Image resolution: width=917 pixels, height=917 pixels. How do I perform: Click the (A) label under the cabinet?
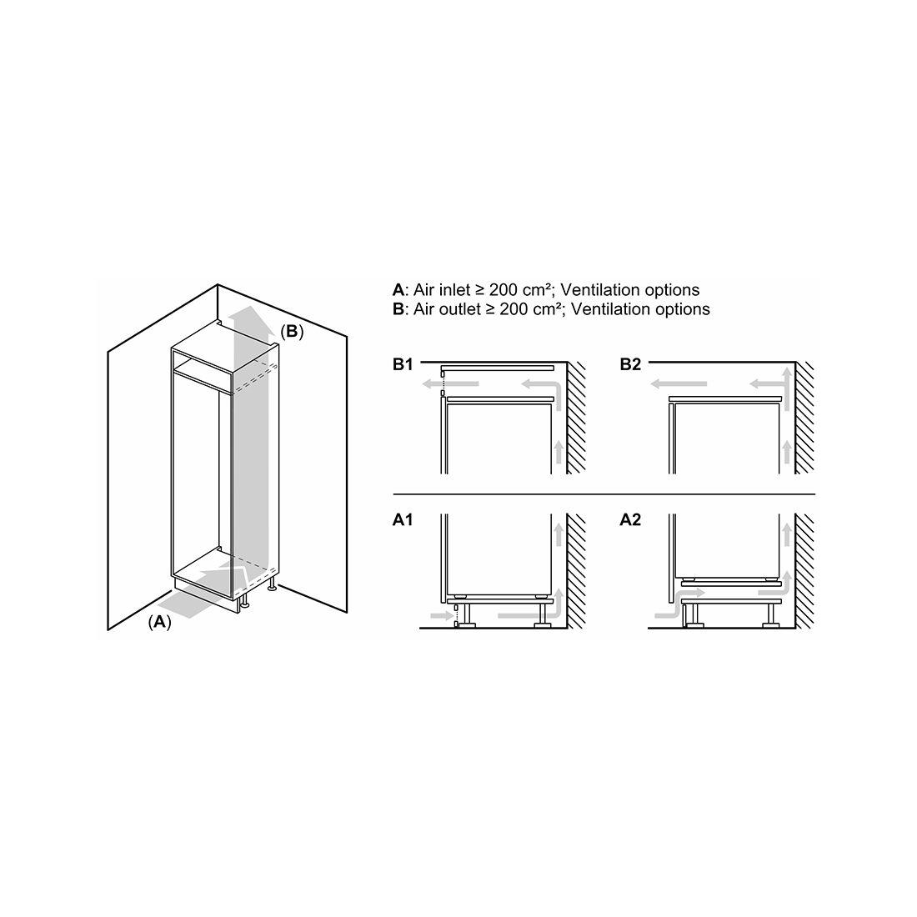(x=160, y=622)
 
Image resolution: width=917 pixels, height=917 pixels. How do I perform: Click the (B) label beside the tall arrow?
(x=292, y=332)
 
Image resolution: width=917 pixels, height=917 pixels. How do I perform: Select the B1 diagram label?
(x=403, y=364)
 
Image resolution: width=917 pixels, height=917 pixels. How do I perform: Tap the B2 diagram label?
(x=630, y=364)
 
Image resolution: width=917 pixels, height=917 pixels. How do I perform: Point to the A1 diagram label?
(x=403, y=519)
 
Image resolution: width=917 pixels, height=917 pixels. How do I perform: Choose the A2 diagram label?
(x=630, y=519)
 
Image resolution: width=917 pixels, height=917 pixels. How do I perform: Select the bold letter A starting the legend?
(x=398, y=290)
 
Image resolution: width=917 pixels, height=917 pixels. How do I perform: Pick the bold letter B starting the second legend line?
(x=398, y=309)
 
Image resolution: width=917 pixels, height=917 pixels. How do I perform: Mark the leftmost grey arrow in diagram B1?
(x=451, y=384)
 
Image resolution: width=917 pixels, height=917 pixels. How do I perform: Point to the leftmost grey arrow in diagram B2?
(x=679, y=384)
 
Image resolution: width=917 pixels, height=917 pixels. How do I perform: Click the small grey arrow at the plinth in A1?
(x=442, y=616)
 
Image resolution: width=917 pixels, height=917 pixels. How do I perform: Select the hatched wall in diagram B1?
(x=577, y=418)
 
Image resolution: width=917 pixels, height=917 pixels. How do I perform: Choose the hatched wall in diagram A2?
(x=805, y=571)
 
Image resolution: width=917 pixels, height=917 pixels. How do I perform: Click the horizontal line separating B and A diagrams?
(x=604, y=494)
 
